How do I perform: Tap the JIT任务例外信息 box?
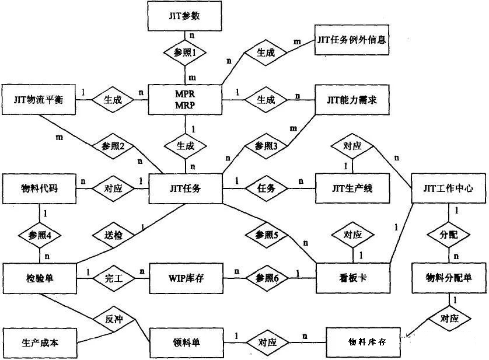click(351, 40)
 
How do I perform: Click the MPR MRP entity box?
click(186, 100)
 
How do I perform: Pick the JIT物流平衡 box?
click(40, 100)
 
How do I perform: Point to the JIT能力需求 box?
click(351, 100)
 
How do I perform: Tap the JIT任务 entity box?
click(186, 188)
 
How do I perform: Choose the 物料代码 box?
click(40, 188)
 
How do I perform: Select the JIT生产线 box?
click(351, 188)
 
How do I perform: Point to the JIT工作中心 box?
click(448, 188)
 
